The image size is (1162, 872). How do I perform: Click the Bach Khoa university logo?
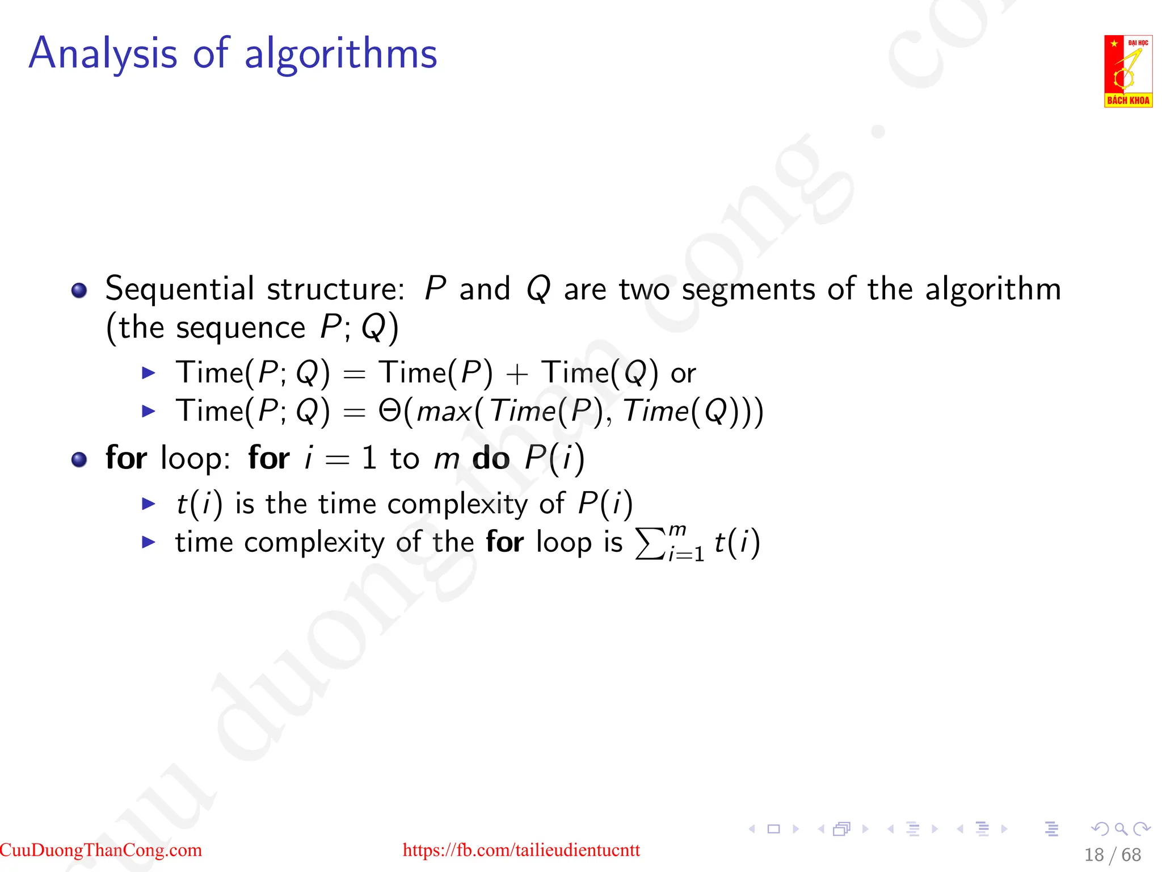1128,71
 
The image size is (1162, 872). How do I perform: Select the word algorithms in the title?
340,54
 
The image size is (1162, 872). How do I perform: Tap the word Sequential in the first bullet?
179,290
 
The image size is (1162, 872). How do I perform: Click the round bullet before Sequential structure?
79,291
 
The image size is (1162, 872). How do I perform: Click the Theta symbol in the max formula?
390,411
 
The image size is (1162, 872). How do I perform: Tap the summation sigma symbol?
650,544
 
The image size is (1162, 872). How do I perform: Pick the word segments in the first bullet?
749,290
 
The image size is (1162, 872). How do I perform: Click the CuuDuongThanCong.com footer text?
101,850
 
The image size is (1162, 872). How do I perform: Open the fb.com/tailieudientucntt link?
521,850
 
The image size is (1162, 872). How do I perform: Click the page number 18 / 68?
1112,855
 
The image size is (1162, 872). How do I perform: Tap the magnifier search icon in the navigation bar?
1121,829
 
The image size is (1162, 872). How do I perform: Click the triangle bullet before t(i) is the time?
149,504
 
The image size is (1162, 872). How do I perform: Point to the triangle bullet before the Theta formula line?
149,411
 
